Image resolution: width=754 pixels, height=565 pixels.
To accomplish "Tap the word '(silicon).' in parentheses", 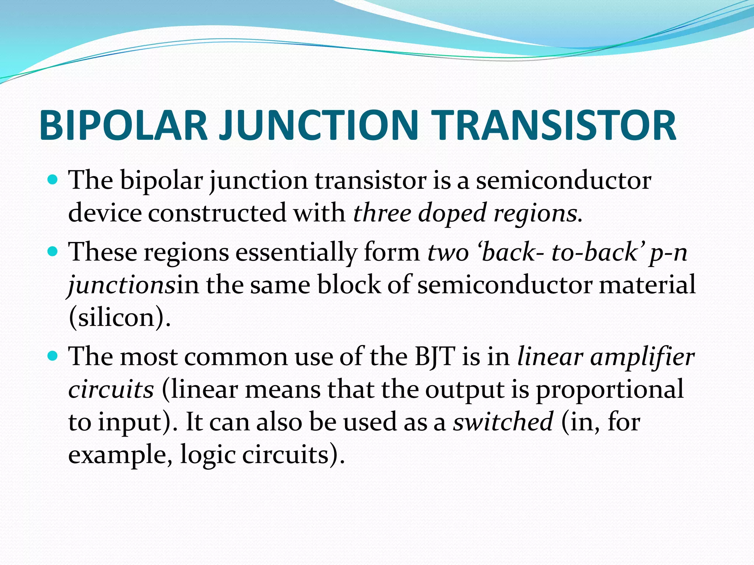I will [x=120, y=317].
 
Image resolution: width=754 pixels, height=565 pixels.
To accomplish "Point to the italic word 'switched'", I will [x=503, y=422].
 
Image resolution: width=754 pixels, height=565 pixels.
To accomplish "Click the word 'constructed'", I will [x=217, y=213].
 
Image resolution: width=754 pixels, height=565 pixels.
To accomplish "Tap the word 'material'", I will [x=648, y=284].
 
